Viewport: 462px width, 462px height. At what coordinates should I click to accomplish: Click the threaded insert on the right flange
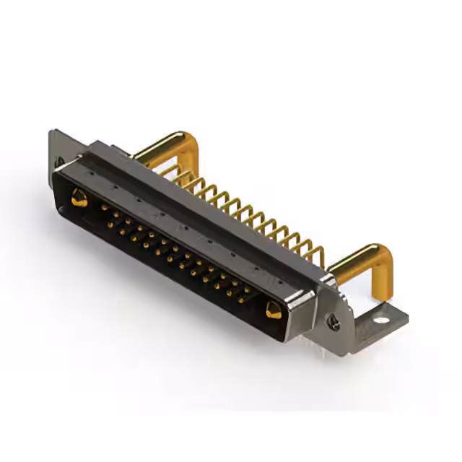[x=334, y=323]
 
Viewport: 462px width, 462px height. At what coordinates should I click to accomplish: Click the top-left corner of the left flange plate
[x=53, y=133]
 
